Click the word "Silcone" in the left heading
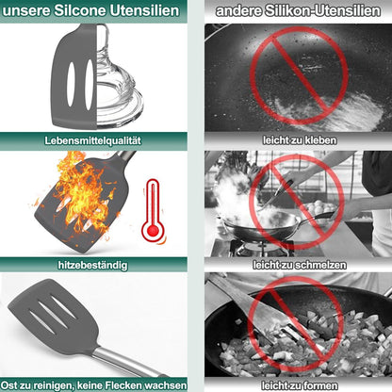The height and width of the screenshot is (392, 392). pyautogui.click(x=80, y=10)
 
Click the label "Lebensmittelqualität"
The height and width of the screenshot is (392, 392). pyautogui.click(x=92, y=140)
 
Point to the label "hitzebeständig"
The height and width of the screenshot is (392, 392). pyautogui.click(x=93, y=265)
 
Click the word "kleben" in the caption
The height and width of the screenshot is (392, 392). pyautogui.click(x=320, y=140)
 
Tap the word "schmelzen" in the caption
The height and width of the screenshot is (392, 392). pyautogui.click(x=322, y=265)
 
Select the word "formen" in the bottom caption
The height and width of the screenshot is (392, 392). pyautogui.click(x=320, y=385)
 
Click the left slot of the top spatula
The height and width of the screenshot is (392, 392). pyautogui.click(x=71, y=84)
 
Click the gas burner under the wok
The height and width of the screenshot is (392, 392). pyautogui.click(x=262, y=248)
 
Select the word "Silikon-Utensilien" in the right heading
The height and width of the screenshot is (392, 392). pyautogui.click(x=322, y=11)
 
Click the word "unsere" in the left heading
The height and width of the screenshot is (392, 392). pyautogui.click(x=26, y=11)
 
